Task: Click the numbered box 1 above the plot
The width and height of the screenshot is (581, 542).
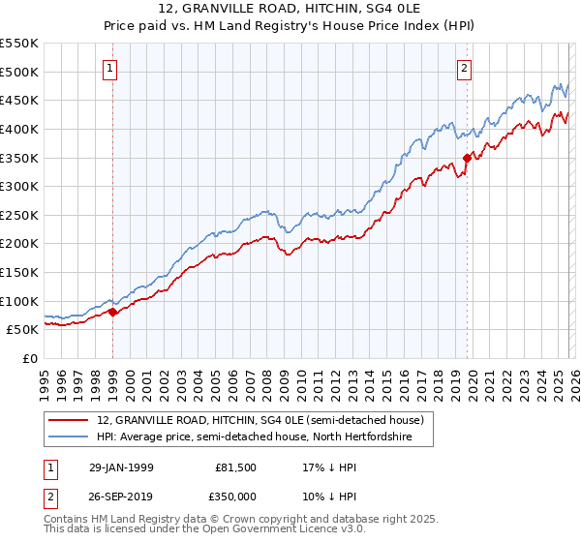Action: (111, 68)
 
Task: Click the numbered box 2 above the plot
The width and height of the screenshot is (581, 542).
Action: (466, 68)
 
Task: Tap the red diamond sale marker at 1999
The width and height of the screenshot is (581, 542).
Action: (112, 312)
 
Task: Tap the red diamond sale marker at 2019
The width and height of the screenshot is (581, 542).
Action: (467, 158)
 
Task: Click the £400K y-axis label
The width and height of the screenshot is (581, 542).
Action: (19, 130)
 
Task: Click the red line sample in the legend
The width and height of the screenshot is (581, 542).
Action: (71, 421)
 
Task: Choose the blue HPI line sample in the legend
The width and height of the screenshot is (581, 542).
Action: (71, 437)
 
